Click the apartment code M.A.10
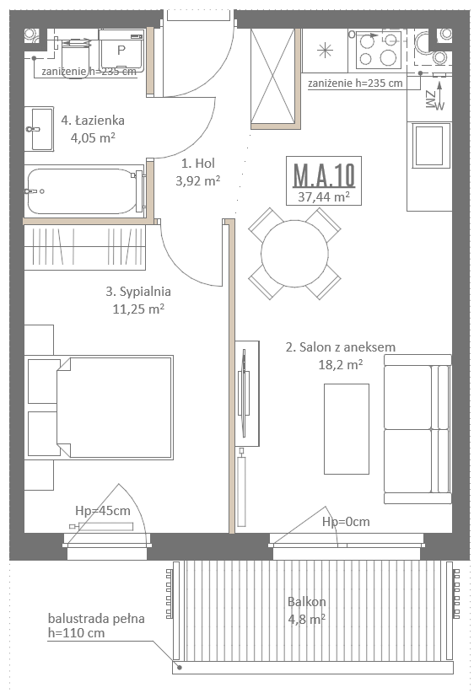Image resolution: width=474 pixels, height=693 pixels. point(324,175)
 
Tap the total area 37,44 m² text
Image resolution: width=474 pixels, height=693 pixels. point(324,196)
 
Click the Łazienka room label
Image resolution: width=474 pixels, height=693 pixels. point(93,121)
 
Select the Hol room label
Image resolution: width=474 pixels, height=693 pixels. point(198,163)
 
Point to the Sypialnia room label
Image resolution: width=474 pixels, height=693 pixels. point(138,291)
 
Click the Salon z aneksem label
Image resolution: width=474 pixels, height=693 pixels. point(341,347)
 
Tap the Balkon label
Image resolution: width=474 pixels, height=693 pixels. point(306,601)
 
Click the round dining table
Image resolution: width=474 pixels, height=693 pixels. point(294,253)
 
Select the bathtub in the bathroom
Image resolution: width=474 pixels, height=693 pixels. point(84,191)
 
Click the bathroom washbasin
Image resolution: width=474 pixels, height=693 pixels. point(39,129)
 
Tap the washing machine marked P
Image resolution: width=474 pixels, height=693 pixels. point(121,51)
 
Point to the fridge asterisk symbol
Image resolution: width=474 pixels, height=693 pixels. point(325,51)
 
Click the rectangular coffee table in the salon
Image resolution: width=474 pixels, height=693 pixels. point(346,429)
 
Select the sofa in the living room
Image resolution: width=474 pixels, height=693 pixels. point(417,429)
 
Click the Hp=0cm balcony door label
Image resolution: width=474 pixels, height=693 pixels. point(346,522)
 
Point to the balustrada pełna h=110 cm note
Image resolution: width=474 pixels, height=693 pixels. point(96,626)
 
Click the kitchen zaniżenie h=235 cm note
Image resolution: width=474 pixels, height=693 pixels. point(355,83)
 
